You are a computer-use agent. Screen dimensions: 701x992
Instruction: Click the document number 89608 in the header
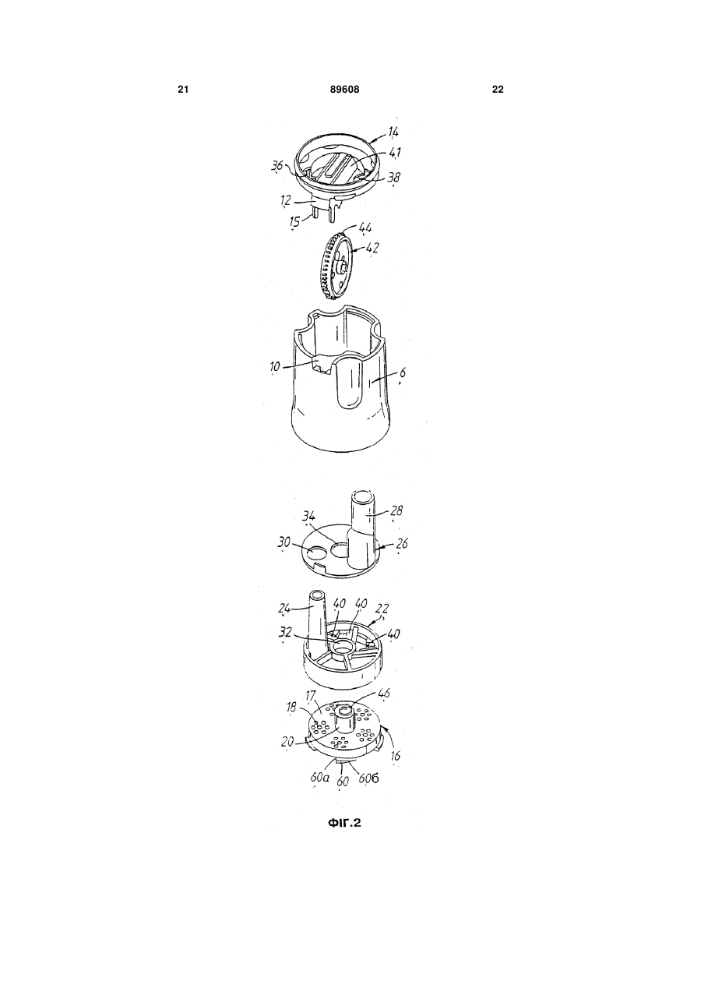[345, 90]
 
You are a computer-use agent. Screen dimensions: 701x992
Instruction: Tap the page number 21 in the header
[183, 90]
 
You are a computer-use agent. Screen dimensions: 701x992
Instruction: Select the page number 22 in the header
[498, 90]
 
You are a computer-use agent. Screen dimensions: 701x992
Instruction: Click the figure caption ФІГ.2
[344, 823]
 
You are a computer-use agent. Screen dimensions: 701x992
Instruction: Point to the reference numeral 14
[393, 132]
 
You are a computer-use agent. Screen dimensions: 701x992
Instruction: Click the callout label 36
[277, 166]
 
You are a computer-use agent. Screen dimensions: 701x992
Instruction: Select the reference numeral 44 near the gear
[365, 228]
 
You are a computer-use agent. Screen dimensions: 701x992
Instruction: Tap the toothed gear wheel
[336, 266]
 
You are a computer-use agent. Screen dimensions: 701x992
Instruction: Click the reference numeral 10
[275, 367]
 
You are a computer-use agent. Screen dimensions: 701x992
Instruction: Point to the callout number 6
[402, 373]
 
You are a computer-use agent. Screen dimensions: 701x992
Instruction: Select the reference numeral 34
[308, 517]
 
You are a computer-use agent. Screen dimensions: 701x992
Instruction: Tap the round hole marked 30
[317, 553]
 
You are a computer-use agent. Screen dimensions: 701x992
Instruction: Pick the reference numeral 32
[285, 633]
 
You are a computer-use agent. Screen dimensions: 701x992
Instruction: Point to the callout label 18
[291, 708]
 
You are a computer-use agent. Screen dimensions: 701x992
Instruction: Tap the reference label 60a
[319, 777]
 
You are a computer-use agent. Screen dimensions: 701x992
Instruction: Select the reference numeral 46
[384, 693]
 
